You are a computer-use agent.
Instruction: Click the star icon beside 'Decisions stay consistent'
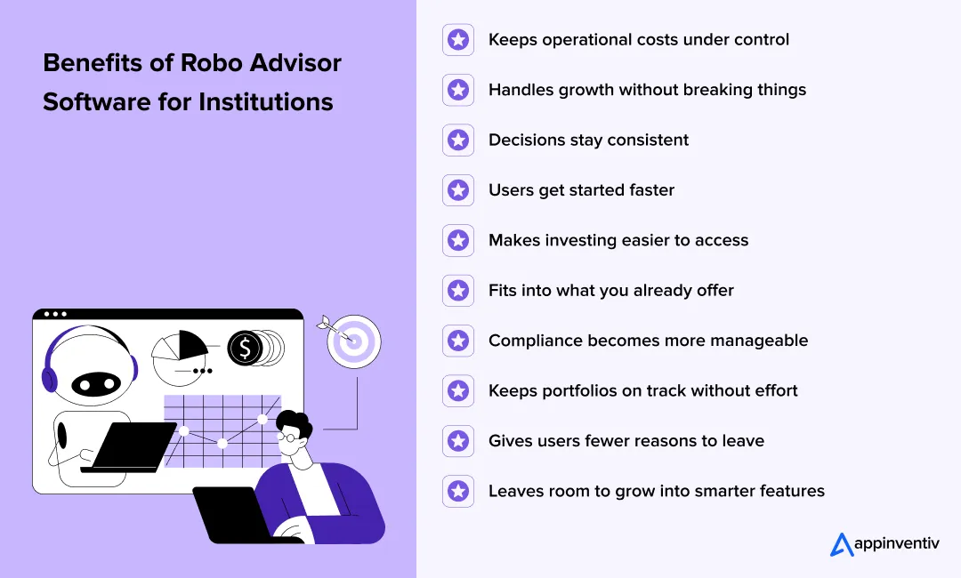tap(458, 140)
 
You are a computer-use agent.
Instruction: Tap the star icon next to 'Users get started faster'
tap(458, 190)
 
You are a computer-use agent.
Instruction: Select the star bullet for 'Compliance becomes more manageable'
tap(458, 341)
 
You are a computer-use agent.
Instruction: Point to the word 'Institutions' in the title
tap(265, 102)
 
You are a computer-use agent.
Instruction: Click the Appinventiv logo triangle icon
tap(842, 544)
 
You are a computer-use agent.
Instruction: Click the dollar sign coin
tap(245, 348)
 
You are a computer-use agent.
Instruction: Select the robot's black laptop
tap(133, 446)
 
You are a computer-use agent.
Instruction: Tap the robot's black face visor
tap(95, 383)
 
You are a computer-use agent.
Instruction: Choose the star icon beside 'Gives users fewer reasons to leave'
tap(458, 441)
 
